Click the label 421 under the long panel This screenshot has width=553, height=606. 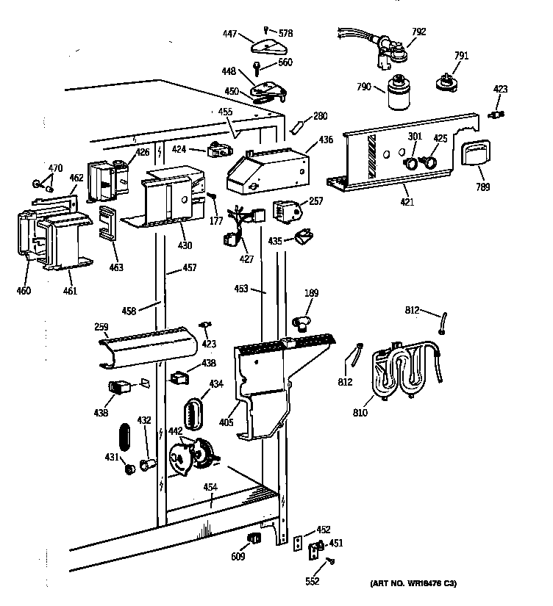(406, 202)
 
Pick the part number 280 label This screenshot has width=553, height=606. (321, 116)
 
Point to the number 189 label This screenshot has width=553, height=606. (311, 294)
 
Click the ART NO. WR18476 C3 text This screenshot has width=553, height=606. (415, 584)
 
